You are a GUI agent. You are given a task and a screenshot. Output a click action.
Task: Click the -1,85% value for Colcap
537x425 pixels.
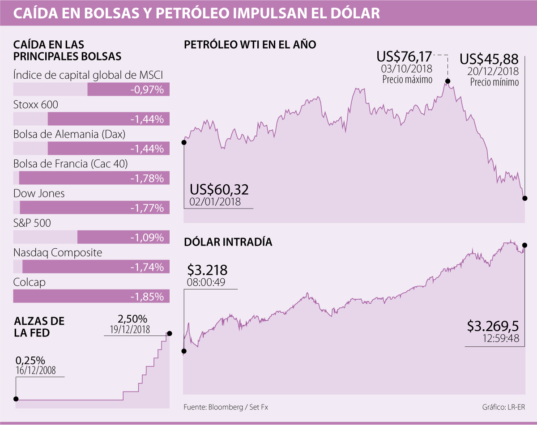coord(147,297)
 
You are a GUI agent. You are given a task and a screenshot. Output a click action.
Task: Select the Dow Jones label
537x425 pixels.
coord(39,193)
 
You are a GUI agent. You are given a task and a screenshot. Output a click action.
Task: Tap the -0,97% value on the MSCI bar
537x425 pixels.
coord(147,90)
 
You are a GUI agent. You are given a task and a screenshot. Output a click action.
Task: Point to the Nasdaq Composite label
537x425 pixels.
coord(58,252)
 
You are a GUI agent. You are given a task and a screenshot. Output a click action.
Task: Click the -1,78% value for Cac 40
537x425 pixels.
coord(147,178)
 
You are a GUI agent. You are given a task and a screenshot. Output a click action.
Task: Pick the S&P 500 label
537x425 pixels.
coord(32,223)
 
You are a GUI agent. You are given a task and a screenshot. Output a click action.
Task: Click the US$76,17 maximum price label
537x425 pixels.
coord(405,57)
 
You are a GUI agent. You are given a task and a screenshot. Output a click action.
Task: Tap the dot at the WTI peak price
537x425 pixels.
coord(447,81)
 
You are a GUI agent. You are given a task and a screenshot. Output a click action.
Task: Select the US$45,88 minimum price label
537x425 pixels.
coord(489,59)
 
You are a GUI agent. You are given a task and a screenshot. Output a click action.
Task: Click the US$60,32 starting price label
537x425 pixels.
coord(219,190)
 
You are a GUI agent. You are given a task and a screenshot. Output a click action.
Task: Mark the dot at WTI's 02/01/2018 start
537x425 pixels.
coord(184,142)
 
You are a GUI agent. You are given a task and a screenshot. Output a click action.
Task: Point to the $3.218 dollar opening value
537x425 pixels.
coord(207,270)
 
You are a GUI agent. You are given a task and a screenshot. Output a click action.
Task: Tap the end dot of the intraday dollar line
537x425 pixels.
coord(524,245)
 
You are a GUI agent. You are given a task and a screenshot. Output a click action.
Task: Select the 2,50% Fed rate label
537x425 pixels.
coord(132,319)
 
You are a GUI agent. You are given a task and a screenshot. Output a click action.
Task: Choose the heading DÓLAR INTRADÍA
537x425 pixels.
coord(228,242)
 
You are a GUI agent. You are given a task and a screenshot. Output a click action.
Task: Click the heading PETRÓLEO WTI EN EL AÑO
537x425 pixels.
coord(250,45)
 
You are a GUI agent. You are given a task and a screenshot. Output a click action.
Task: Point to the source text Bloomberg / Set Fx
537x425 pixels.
coord(226,407)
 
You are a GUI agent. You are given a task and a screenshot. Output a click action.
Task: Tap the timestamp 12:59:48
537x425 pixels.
coord(501,339)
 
